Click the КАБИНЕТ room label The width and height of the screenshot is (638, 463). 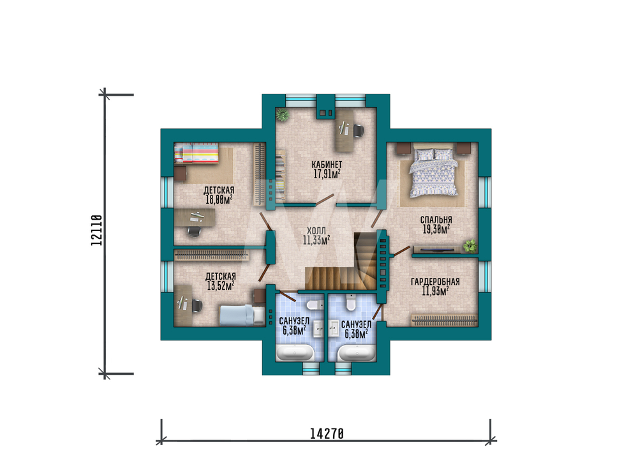click(x=327, y=165)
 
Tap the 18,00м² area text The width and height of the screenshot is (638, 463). click(x=219, y=199)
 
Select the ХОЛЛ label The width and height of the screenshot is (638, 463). click(x=316, y=231)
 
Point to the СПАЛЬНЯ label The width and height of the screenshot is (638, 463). click(x=436, y=220)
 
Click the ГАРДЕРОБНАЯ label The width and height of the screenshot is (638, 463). click(x=435, y=282)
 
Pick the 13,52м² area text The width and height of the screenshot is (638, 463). click(x=221, y=286)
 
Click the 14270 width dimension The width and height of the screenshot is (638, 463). click(x=327, y=434)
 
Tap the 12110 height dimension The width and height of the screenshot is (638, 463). click(x=97, y=231)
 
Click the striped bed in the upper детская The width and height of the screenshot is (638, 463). click(x=196, y=153)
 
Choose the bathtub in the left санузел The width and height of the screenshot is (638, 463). click(x=295, y=353)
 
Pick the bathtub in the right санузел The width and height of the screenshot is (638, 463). click(x=357, y=353)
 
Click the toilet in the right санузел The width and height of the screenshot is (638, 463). click(x=351, y=303)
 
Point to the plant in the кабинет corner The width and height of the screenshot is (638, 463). click(x=282, y=115)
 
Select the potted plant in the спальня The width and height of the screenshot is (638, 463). click(x=470, y=246)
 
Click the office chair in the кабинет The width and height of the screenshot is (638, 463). click(x=358, y=130)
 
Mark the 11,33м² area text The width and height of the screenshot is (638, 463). click(x=316, y=240)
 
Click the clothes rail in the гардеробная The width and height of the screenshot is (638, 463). click(x=444, y=320)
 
